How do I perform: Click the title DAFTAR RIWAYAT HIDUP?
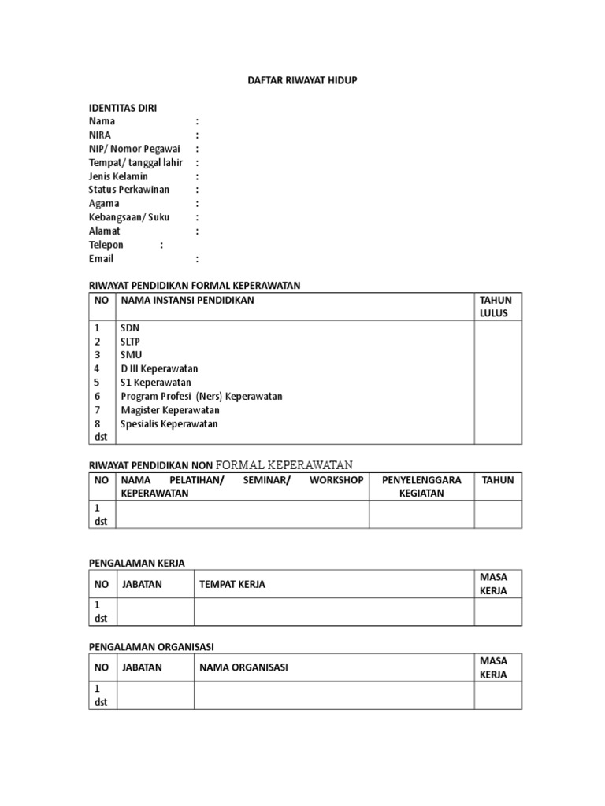tap(302, 80)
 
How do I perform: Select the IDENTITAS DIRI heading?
tap(128, 108)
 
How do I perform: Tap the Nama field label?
tap(102, 121)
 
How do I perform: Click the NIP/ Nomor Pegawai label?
tap(134, 149)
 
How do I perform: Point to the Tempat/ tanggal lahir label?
tap(135, 163)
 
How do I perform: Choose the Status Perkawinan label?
tap(129, 190)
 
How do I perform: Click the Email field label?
tap(102, 258)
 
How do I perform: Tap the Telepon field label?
tap(106, 245)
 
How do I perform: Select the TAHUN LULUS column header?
tap(496, 306)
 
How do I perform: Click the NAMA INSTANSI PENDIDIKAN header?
tap(187, 300)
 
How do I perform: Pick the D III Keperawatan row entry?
tap(159, 368)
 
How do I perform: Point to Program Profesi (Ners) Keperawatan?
tap(201, 396)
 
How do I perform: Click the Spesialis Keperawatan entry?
tap(169, 423)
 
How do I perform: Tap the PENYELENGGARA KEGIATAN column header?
tap(421, 486)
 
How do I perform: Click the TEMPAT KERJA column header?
tap(232, 584)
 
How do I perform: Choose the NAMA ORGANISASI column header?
tap(243, 667)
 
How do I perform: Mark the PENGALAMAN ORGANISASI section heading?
tap(151, 646)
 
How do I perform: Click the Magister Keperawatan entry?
tap(169, 410)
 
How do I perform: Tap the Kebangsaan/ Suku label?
tap(129, 217)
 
